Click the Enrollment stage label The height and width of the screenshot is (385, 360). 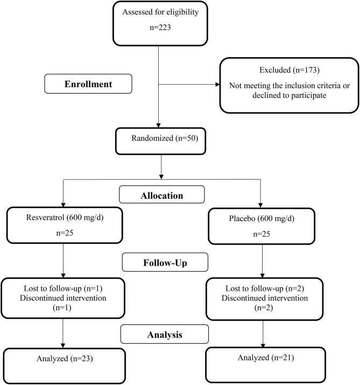pyautogui.click(x=88, y=84)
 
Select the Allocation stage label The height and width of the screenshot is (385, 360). pyautogui.click(x=161, y=195)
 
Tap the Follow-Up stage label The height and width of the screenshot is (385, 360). pyautogui.click(x=165, y=263)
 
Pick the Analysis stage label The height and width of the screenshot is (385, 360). pyautogui.click(x=165, y=334)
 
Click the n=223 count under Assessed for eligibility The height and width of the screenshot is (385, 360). pyautogui.click(x=160, y=27)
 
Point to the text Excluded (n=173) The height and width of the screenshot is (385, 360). pyautogui.click(x=290, y=70)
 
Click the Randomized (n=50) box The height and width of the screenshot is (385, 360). pyautogui.click(x=160, y=141)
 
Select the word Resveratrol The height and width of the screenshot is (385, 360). pyautogui.click(x=45, y=217)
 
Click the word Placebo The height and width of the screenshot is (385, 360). pyautogui.click(x=242, y=218)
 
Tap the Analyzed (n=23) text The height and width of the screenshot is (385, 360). pyautogui.click(x=65, y=359)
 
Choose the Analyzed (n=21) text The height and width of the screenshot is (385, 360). pyautogui.click(x=266, y=358)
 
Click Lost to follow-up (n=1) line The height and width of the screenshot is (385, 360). pyautogui.click(x=63, y=288)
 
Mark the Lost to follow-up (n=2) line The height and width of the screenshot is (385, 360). pyautogui.click(x=265, y=288)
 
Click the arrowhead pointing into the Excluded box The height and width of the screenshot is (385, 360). pyautogui.click(x=218, y=84)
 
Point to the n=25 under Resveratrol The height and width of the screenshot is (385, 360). pyautogui.click(x=65, y=233)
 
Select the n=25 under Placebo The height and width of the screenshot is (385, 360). pyautogui.click(x=262, y=234)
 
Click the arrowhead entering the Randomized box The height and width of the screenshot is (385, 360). pyautogui.click(x=159, y=125)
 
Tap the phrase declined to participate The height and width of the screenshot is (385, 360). pyautogui.click(x=290, y=95)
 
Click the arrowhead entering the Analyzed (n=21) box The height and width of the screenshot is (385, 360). pyautogui.click(x=263, y=345)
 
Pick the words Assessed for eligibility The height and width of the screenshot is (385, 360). pyautogui.click(x=160, y=12)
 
